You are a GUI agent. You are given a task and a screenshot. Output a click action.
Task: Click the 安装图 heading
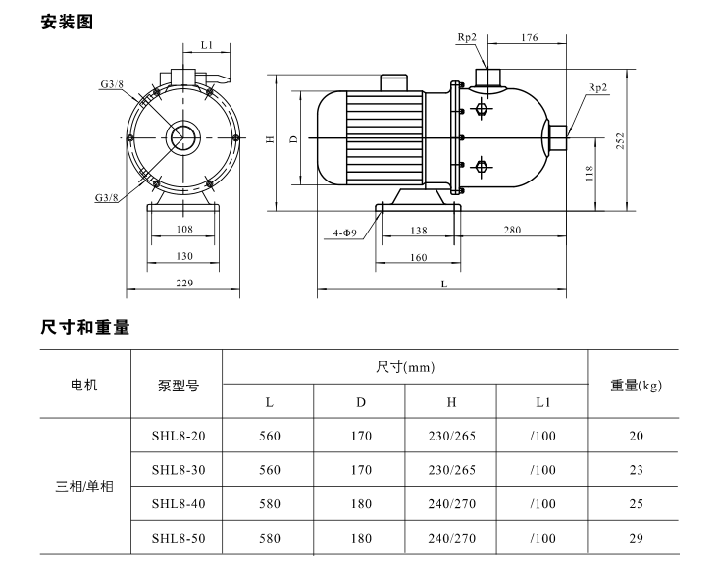pos(67,22)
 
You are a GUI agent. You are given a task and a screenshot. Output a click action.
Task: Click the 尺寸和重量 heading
pos(85,327)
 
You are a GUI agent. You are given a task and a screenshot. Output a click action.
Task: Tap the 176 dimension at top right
pos(529,37)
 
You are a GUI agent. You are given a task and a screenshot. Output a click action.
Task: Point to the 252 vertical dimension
pos(620,142)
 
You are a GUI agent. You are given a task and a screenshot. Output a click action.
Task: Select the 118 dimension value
pos(589,174)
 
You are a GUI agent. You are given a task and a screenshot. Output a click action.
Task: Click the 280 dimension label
pos(512,230)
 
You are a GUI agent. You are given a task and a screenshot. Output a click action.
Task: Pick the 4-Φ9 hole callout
pos(345,233)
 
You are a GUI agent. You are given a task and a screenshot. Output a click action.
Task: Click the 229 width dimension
pos(184,283)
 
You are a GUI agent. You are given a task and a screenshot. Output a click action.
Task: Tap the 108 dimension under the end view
pos(184,229)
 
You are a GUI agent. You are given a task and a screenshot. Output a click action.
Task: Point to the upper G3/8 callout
pos(112,84)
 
